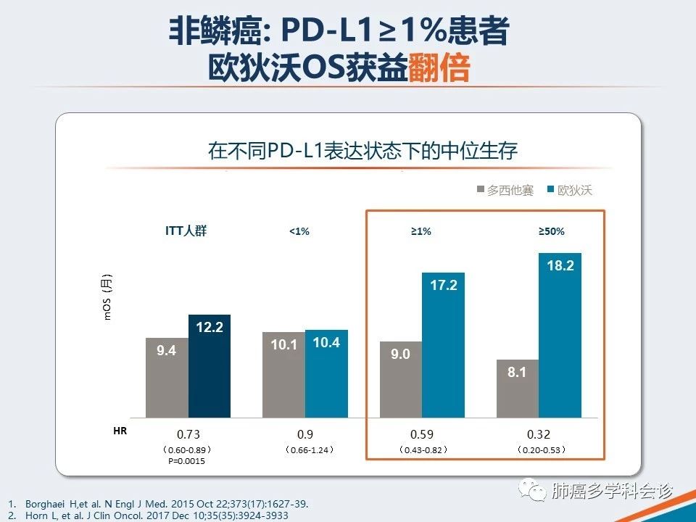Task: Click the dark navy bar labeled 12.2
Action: click(210, 366)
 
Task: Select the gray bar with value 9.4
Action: click(167, 378)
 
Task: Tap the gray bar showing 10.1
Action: click(283, 375)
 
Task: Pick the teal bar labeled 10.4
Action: click(326, 373)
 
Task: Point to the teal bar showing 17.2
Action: click(443, 345)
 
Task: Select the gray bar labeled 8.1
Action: click(517, 389)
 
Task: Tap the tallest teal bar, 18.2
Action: click(560, 335)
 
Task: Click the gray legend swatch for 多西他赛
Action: click(481, 190)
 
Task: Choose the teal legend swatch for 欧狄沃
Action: click(552, 190)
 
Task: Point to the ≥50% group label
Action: click(551, 232)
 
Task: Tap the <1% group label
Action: click(299, 232)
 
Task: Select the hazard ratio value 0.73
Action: click(188, 434)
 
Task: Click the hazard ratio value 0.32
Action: click(539, 434)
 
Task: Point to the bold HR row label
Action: click(120, 431)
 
